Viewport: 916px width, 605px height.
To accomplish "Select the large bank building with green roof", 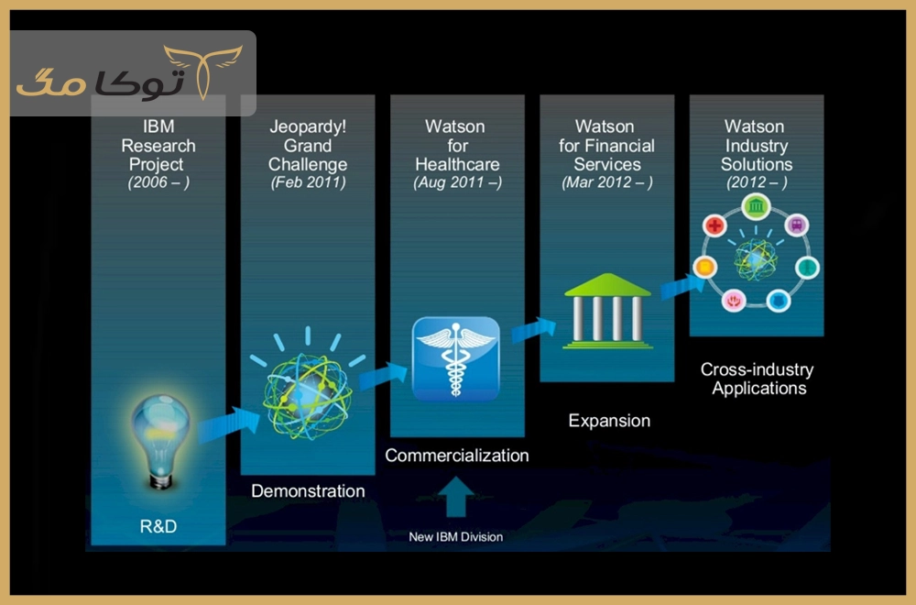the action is [607, 311].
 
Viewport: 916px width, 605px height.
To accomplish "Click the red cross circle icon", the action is [714, 225].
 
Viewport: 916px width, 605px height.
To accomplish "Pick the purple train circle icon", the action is [796, 225].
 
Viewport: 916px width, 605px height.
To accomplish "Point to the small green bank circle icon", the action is [756, 206].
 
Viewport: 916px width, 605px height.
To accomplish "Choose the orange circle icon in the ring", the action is [705, 267].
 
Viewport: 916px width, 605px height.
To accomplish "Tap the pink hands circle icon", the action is [734, 301].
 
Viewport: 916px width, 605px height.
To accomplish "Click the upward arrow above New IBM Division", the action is [455, 496].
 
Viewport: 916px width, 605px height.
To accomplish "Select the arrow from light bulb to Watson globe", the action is [228, 423].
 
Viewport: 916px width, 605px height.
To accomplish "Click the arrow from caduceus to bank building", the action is [534, 330].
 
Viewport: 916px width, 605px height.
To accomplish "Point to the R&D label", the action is [158, 527].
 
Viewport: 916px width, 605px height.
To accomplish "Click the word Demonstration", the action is [308, 491].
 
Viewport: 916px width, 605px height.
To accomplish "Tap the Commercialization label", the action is [457, 456].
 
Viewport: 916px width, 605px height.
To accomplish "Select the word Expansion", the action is [609, 421].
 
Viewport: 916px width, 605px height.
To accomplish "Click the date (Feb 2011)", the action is [308, 182].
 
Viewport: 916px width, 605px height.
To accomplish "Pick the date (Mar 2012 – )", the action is [607, 182].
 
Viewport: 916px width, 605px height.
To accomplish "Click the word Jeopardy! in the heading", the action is [308, 126].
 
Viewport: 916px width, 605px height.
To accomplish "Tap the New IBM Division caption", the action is [455, 536].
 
